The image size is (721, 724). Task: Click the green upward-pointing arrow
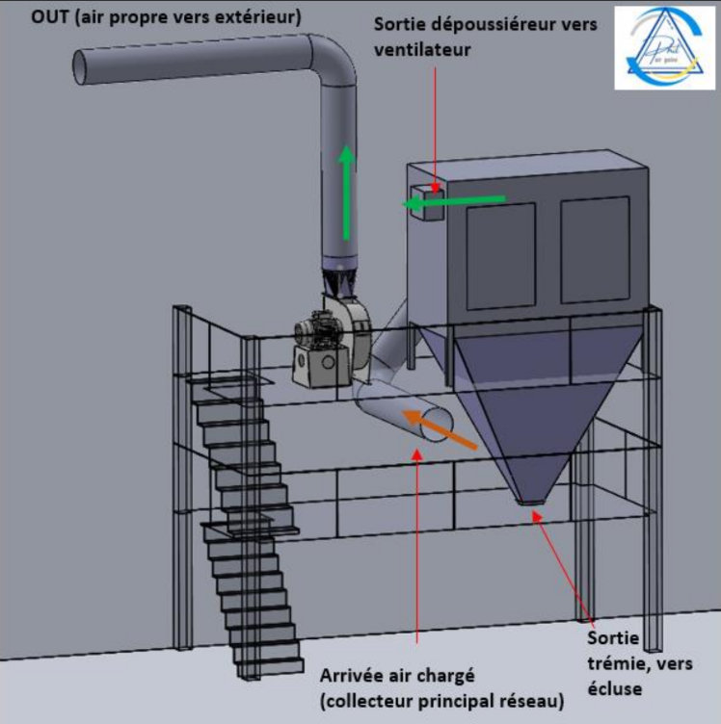point(344,192)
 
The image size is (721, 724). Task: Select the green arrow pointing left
point(453,201)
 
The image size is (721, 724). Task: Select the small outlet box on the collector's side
point(425,201)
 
